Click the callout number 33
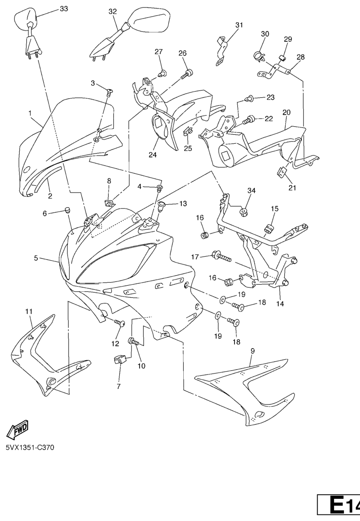[64, 8]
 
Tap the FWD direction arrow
[17, 429]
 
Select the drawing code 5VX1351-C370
[30, 447]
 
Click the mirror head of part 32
[149, 20]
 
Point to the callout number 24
[153, 155]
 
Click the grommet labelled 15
[269, 229]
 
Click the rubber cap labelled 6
[68, 210]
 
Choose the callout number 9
[253, 350]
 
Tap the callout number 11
[29, 311]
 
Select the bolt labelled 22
[249, 120]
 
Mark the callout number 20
[287, 112]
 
